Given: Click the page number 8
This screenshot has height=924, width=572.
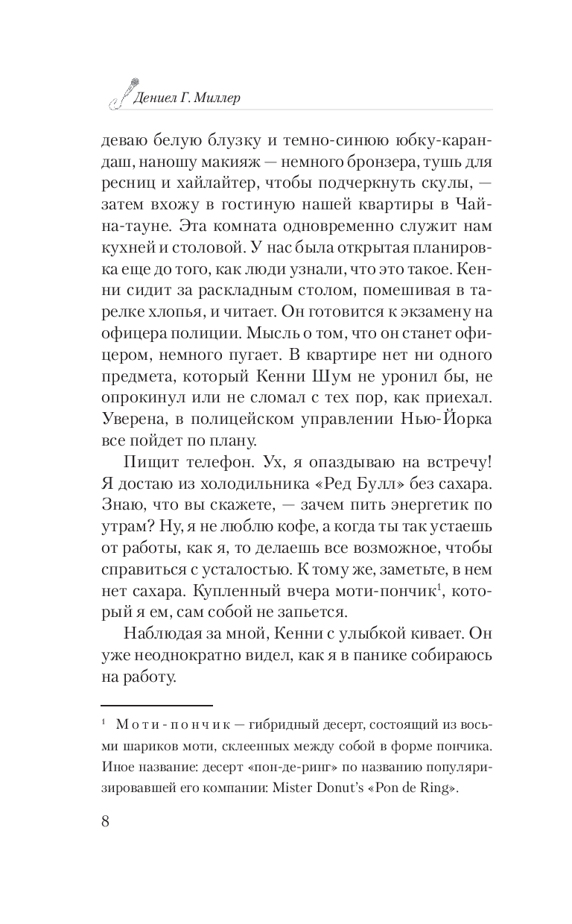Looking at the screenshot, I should [x=104, y=822].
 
